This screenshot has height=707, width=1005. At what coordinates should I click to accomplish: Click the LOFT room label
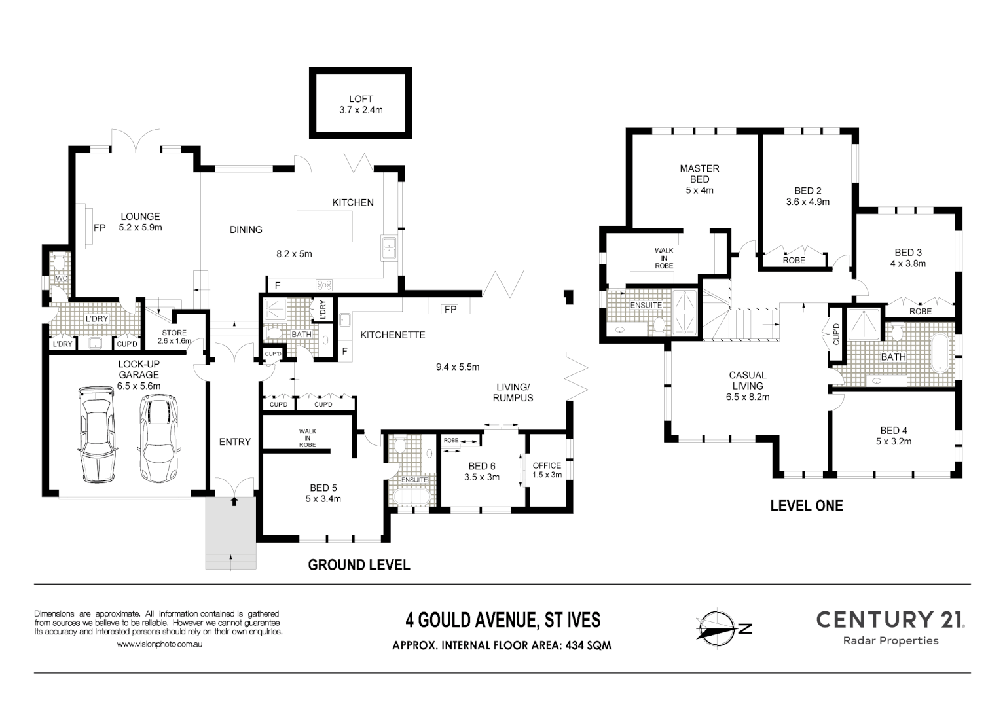[361, 99]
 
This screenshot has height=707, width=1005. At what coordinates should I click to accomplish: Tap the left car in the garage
[96, 433]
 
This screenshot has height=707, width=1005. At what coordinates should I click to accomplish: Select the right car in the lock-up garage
[158, 437]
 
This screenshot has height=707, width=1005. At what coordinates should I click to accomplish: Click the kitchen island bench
[325, 227]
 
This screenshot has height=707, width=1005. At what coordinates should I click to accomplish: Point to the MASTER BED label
[699, 173]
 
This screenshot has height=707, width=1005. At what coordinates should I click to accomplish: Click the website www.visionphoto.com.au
[159, 645]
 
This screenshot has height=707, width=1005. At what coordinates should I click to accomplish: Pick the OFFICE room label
[547, 465]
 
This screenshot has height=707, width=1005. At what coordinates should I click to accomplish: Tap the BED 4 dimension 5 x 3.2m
[894, 441]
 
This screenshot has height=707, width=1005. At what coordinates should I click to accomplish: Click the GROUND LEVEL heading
[359, 564]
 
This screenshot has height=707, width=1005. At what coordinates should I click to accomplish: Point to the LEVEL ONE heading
[806, 505]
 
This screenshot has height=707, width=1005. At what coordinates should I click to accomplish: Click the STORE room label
[174, 333]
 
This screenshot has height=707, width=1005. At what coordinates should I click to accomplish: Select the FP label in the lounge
[100, 228]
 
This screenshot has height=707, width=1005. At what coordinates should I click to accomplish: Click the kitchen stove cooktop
[324, 285]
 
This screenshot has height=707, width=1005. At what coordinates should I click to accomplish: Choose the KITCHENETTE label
[392, 335]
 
